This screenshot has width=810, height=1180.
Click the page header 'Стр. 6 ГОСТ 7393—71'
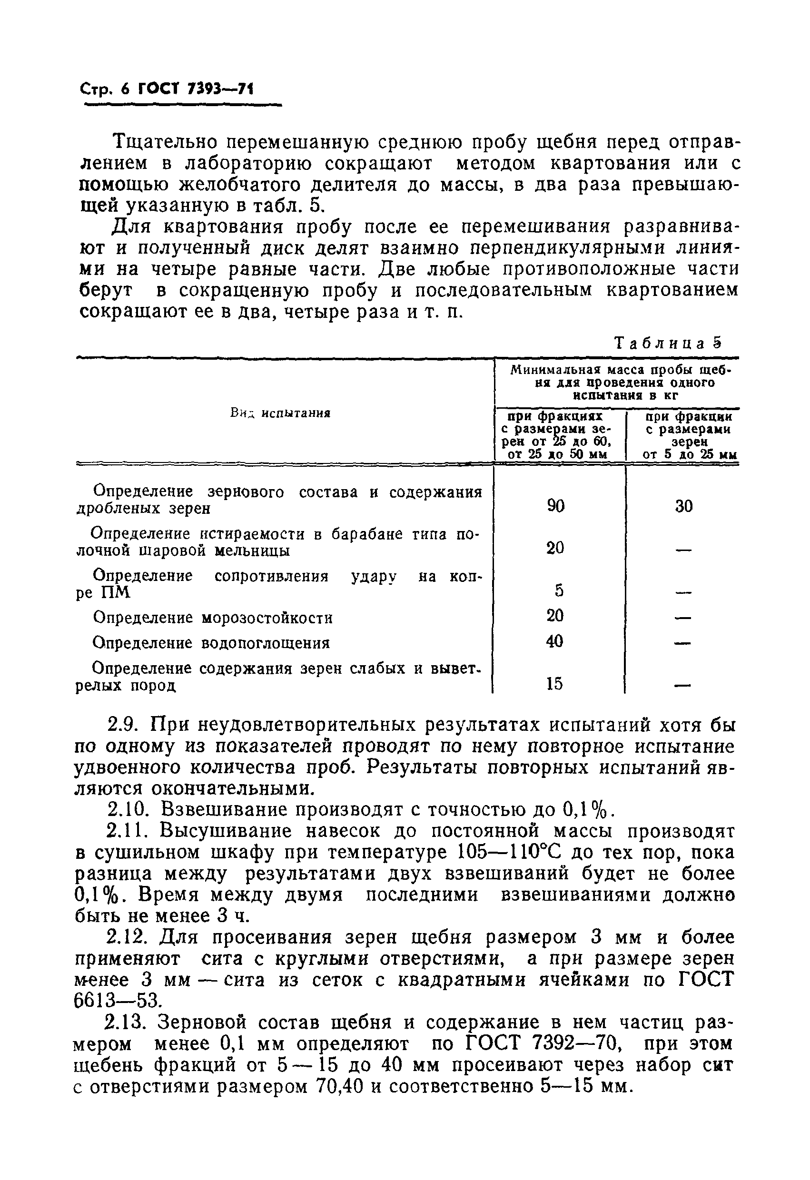(167, 90)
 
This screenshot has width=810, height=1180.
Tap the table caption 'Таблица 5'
(668, 344)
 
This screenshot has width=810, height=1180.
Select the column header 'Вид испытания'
(280, 413)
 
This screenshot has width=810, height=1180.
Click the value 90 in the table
(556, 506)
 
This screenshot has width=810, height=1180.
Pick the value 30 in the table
(683, 506)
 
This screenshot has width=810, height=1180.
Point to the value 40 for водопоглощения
(554, 642)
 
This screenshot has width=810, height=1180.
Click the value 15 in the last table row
(554, 684)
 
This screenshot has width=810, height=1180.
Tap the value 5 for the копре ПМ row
(559, 590)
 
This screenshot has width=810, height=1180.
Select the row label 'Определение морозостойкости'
(213, 618)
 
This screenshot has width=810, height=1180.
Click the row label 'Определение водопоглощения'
(211, 643)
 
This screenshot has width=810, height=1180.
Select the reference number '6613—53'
(117, 1000)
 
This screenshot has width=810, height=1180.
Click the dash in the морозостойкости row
(683, 619)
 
